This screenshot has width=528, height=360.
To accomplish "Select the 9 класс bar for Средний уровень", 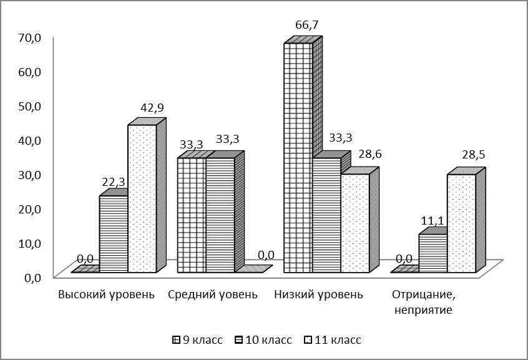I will point(192,215).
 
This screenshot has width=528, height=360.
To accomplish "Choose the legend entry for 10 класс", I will point(264,340).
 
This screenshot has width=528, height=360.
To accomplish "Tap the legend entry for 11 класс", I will point(333,340).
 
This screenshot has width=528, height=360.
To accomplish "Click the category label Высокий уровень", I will point(106,294).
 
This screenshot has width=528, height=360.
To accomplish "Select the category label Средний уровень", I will point(213,294).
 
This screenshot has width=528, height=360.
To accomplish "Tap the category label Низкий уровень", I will point(319,294).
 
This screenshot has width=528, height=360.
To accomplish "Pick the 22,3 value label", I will point(112,181).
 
